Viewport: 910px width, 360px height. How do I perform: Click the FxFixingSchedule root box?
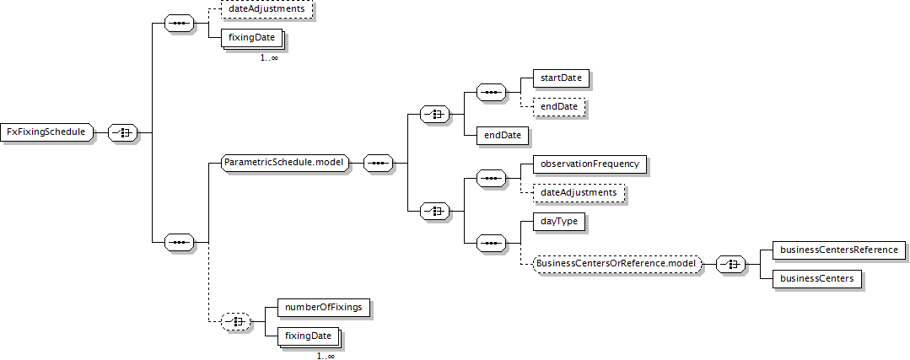point(46,132)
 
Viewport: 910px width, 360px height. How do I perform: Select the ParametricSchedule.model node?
point(286,163)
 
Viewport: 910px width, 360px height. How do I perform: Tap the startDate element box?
point(553,78)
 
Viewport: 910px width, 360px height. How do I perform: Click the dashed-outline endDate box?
point(552,107)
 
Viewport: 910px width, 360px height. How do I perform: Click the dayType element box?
point(551,222)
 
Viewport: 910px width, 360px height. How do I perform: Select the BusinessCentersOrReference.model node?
point(617,265)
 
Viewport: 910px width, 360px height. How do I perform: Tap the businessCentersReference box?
point(838,250)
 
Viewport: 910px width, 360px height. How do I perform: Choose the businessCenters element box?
point(816,279)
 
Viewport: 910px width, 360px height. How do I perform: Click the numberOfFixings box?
point(323,307)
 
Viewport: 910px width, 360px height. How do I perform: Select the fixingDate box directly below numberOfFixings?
point(309,336)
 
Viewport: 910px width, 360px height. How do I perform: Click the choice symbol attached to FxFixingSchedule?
point(122,132)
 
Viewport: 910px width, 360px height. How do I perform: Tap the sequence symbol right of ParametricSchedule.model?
point(379,164)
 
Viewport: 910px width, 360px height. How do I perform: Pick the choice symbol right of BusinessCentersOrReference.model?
point(730,265)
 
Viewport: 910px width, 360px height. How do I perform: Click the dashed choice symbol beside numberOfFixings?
point(235,322)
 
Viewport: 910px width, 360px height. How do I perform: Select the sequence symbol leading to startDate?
point(490,93)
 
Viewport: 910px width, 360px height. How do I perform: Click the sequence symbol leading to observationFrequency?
point(490,179)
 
